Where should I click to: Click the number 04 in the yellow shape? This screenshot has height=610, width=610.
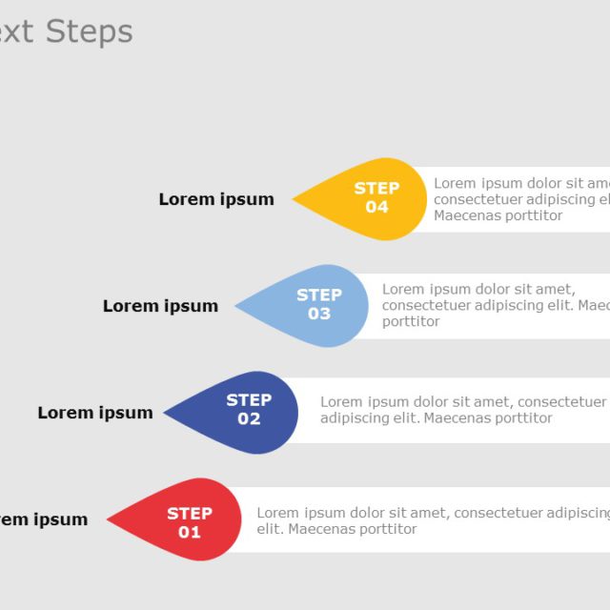click(x=376, y=208)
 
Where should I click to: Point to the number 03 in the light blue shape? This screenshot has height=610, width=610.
click(x=318, y=314)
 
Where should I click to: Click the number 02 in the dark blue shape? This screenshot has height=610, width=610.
click(x=249, y=419)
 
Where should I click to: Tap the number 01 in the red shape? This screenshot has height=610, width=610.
click(x=190, y=532)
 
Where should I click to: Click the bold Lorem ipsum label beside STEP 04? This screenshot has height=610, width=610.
click(x=216, y=199)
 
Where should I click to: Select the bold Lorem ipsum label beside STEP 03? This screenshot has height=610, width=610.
click(x=160, y=306)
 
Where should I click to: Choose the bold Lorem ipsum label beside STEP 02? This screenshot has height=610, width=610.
click(x=95, y=413)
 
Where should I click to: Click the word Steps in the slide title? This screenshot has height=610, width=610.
click(x=89, y=31)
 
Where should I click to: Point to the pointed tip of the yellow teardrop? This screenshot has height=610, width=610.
click(x=295, y=199)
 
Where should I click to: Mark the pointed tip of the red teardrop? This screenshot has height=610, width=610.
click(x=109, y=519)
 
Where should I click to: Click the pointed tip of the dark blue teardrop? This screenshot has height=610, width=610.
click(x=166, y=413)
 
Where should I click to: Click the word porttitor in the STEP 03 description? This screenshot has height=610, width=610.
click(x=411, y=321)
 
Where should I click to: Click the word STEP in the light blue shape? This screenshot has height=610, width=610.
click(x=318, y=295)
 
